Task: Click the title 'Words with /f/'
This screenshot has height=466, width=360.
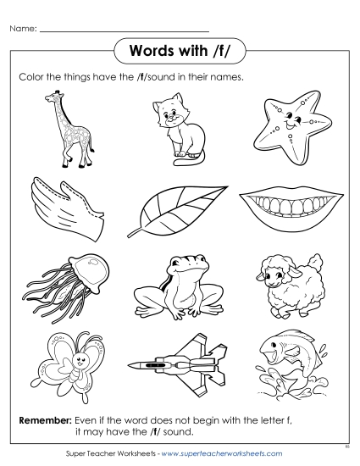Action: [179, 50]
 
